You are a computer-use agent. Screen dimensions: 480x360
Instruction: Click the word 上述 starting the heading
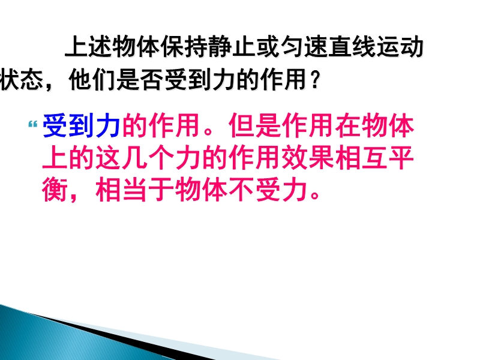coord(88,47)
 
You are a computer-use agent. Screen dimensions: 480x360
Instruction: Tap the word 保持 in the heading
coord(184,47)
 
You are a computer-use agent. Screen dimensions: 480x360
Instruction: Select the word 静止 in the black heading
coord(232,47)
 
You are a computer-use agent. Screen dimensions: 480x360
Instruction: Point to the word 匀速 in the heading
coord(304,47)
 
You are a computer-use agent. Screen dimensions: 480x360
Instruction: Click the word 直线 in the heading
coord(351,47)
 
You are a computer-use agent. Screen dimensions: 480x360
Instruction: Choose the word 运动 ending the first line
coord(399,47)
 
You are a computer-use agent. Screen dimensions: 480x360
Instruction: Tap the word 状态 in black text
coord(22,80)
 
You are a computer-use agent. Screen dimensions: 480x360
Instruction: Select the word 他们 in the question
coord(92,80)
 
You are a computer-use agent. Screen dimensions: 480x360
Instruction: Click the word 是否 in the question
coord(140,80)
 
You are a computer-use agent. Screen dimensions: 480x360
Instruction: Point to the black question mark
coord(315,80)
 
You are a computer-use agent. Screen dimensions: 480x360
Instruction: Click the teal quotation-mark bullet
coord(33,125)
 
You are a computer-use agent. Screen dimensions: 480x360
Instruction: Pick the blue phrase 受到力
coord(82,125)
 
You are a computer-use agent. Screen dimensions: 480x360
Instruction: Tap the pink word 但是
coord(255,125)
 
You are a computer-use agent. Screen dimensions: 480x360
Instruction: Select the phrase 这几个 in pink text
coord(135,158)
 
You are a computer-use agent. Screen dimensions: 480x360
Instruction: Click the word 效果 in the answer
coord(308,158)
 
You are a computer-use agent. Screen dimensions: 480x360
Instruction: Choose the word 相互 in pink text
coord(361,158)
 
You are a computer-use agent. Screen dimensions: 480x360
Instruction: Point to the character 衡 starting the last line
coord(55,190)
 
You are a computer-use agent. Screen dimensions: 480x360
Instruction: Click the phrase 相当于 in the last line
coord(135,190)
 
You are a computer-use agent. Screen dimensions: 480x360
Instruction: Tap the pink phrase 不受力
coord(268,190)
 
